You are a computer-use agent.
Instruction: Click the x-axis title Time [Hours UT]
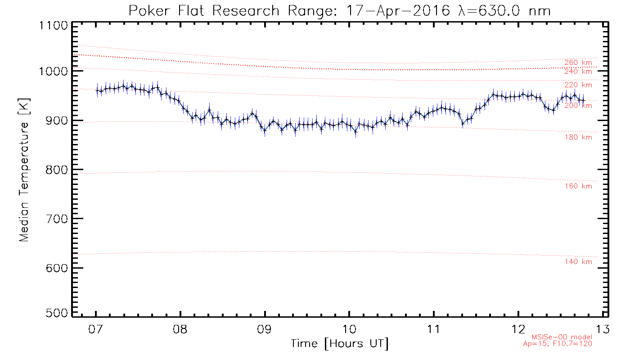[x=340, y=344]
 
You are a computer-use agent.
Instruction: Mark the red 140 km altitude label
[x=578, y=262]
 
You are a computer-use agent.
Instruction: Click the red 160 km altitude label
[x=578, y=186]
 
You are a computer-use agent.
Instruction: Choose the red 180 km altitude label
[x=578, y=137]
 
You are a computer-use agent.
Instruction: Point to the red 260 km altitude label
[x=578, y=63]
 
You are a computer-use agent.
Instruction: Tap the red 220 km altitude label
[x=578, y=85]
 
